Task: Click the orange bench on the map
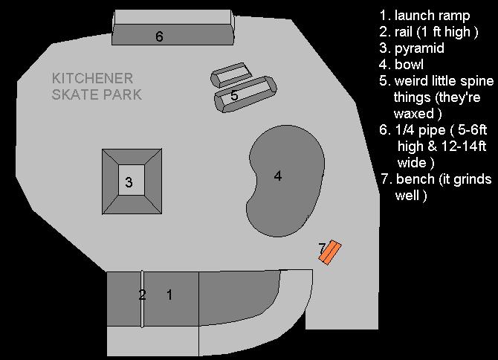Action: (329, 252)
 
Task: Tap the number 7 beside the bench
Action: (322, 247)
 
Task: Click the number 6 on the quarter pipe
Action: (159, 36)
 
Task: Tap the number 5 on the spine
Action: (234, 96)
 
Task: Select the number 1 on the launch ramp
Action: (169, 295)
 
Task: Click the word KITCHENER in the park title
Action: (92, 79)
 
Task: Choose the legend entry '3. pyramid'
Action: (411, 48)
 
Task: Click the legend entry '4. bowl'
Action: (401, 65)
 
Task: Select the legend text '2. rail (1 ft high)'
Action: (428, 32)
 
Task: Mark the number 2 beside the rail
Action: (142, 295)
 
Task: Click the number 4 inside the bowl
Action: (277, 176)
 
